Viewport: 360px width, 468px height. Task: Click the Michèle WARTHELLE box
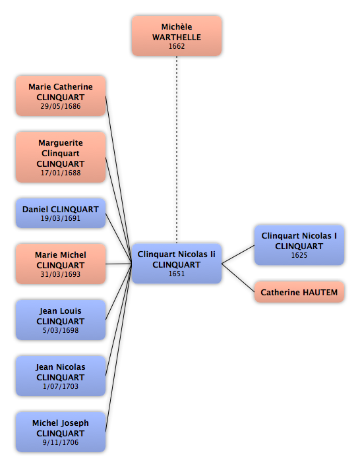point(177,36)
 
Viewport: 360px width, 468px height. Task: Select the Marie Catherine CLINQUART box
point(61,96)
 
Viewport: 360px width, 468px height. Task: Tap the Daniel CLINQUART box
point(61,213)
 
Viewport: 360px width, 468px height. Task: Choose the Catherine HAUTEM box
point(299,292)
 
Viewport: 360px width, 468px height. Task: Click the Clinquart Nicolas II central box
point(177,264)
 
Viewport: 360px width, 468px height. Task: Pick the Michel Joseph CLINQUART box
point(61,432)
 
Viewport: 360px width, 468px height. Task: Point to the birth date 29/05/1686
point(61,106)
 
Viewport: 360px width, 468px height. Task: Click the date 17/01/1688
point(61,173)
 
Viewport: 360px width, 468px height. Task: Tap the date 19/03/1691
point(61,218)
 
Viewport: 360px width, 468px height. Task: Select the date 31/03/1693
point(61,274)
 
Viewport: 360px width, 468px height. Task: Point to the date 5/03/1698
point(61,330)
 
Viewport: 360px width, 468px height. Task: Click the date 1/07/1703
point(61,386)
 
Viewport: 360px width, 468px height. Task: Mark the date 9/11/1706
point(61,442)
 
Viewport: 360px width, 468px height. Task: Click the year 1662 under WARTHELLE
point(177,46)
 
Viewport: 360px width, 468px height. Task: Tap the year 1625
point(299,255)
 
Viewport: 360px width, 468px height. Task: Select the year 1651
point(177,274)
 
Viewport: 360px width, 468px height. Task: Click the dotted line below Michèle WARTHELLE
point(177,150)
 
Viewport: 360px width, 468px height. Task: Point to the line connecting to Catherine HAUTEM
point(238,278)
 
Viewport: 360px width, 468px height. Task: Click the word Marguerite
point(61,143)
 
